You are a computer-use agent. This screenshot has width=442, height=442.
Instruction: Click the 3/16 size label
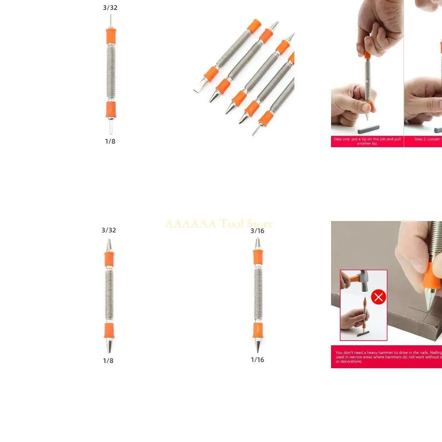tap(257, 231)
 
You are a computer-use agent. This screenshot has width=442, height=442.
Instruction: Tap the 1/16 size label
tap(257, 360)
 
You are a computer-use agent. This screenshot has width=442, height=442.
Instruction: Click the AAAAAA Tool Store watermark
tap(218, 224)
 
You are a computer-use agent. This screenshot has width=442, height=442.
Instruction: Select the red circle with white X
tap(379, 297)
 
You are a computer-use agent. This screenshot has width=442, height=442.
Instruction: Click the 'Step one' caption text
tap(367, 141)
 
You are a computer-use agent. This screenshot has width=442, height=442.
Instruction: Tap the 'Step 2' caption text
tap(427, 139)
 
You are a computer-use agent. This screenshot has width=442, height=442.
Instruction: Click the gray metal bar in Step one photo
tap(368, 129)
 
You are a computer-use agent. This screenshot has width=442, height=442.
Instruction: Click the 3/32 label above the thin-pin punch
tap(110, 8)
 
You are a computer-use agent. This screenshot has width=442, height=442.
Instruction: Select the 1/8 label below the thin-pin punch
tap(110, 141)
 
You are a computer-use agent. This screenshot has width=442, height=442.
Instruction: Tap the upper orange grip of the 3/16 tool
tap(258, 258)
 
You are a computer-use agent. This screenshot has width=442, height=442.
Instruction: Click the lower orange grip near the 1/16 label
tap(258, 330)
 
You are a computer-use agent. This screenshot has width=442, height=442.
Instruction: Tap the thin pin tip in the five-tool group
tap(256, 131)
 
